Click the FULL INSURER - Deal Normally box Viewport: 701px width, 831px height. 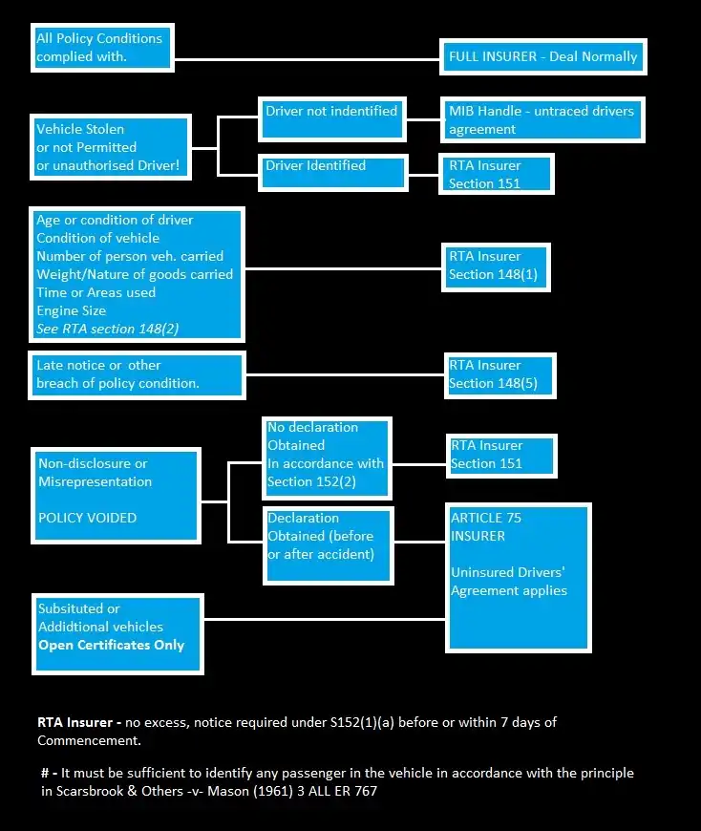(x=543, y=56)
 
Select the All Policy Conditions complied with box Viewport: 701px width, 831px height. (x=102, y=48)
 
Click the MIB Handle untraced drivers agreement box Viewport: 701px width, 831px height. (x=542, y=120)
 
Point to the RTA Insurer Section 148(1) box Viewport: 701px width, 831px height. (x=496, y=266)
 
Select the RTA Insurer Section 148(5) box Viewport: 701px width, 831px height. (x=498, y=374)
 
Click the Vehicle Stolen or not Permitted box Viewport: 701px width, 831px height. (x=110, y=147)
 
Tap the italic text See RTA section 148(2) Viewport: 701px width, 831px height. (x=108, y=329)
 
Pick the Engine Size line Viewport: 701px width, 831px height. (x=72, y=310)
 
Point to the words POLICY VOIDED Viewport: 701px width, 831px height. (x=88, y=518)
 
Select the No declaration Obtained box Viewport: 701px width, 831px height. (x=327, y=456)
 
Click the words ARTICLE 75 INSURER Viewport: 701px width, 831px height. (x=486, y=526)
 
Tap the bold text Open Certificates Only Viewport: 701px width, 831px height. (x=111, y=645)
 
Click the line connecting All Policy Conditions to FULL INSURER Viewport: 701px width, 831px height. (x=306, y=58)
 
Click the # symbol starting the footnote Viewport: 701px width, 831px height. (x=44, y=773)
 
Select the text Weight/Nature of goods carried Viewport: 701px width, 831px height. (x=135, y=274)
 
